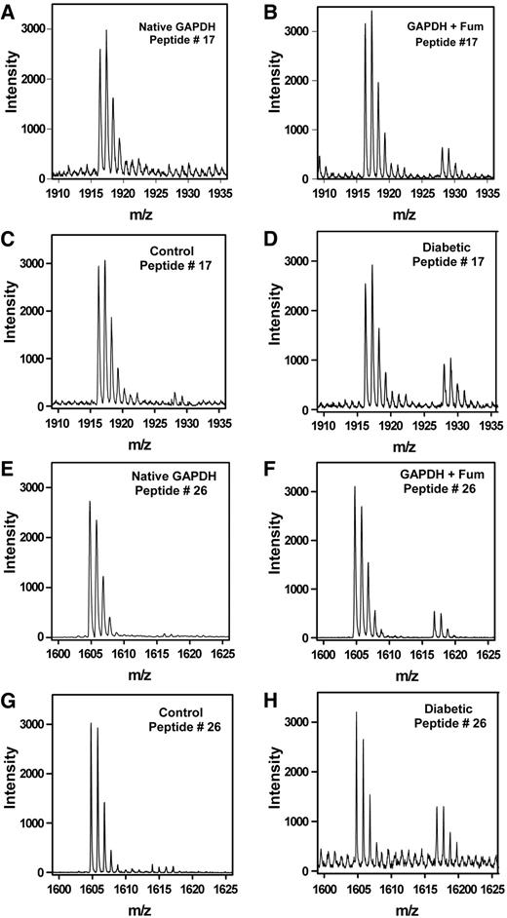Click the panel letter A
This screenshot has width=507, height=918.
pyautogui.click(x=10, y=8)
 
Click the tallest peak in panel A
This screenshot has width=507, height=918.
pyautogui.click(x=106, y=31)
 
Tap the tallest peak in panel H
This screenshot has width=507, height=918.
pyautogui.click(x=356, y=713)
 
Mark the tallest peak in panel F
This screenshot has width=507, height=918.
pyautogui.click(x=355, y=487)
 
